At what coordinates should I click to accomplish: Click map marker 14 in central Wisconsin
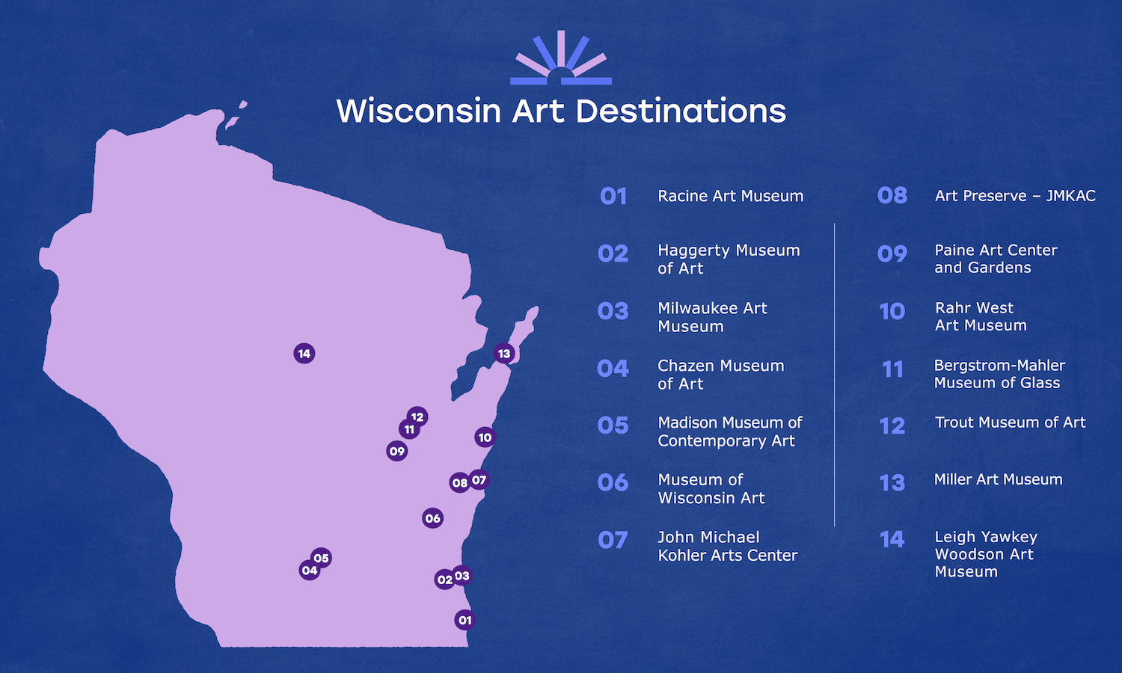click(x=304, y=354)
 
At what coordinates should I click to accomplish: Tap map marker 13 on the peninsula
click(x=504, y=354)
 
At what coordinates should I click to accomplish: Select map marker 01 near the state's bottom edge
click(x=465, y=620)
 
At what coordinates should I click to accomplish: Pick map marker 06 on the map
click(x=433, y=518)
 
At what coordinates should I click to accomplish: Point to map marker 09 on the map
click(x=396, y=451)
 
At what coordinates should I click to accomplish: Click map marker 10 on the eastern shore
click(x=485, y=437)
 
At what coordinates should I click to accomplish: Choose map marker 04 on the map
click(x=310, y=570)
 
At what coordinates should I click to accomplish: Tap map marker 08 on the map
click(x=459, y=483)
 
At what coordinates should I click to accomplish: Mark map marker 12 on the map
click(x=417, y=417)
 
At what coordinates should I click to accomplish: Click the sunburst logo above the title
click(x=561, y=58)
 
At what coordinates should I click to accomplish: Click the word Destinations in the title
click(x=681, y=111)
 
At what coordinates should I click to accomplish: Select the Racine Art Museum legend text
click(x=730, y=196)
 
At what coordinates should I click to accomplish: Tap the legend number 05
click(x=613, y=425)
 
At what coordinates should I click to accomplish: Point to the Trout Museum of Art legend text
click(x=1010, y=422)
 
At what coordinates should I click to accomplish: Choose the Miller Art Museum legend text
click(x=999, y=479)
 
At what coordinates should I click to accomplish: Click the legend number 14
click(x=892, y=539)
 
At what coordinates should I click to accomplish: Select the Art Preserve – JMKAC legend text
click(x=1015, y=196)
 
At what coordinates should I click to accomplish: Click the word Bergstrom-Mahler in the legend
click(x=1000, y=366)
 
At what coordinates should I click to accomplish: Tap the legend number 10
click(x=892, y=312)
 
